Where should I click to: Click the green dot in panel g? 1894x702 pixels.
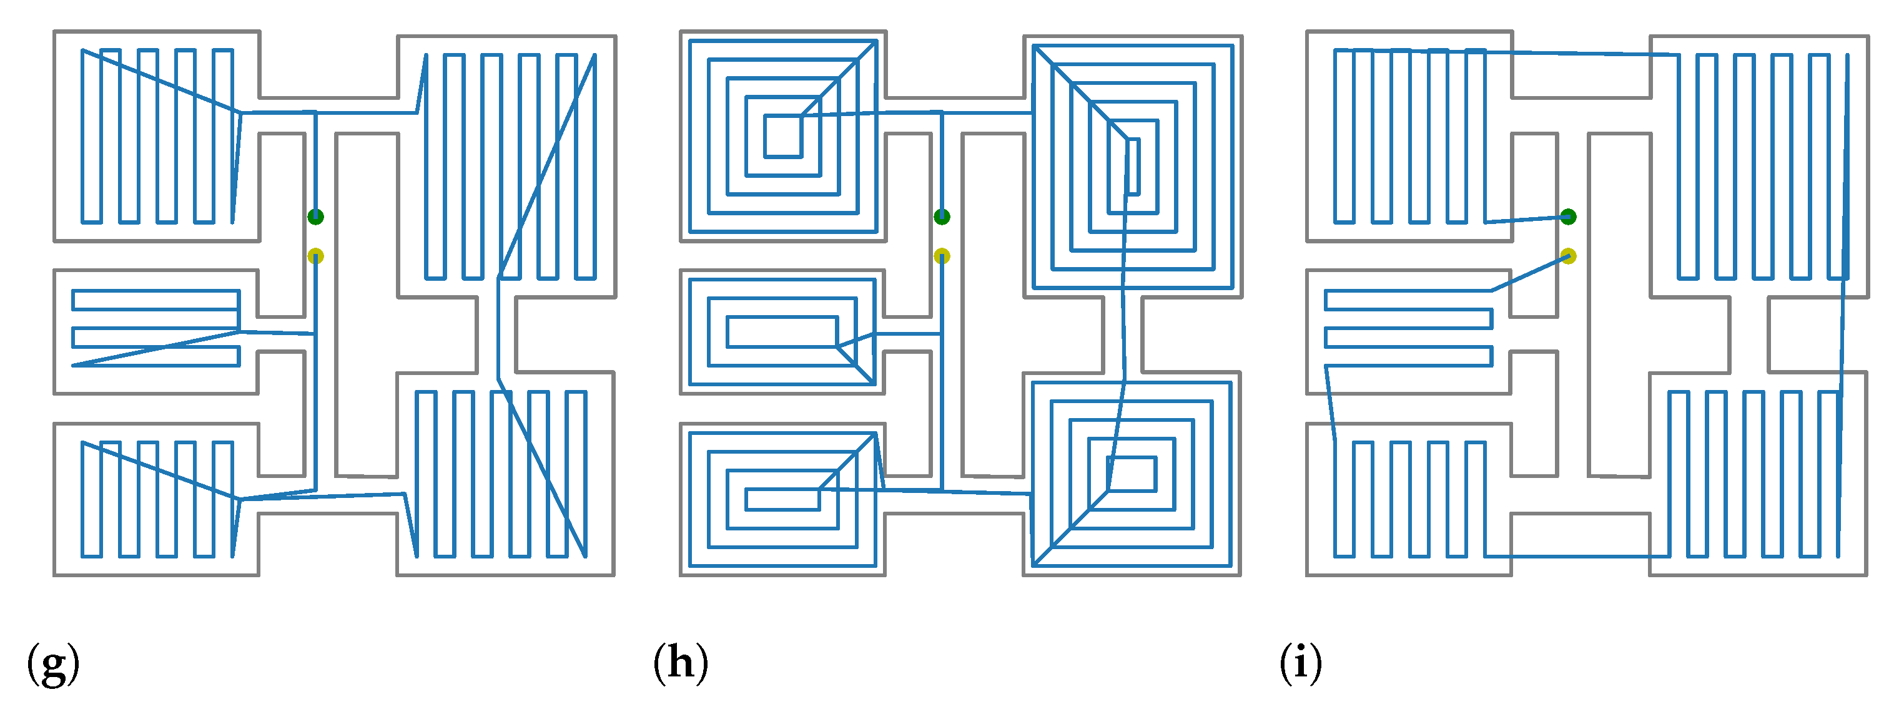[x=315, y=216]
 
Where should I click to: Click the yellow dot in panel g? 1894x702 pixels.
[x=315, y=256]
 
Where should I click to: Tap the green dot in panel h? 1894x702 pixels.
[x=942, y=216]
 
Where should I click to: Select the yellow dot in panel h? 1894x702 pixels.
[x=942, y=256]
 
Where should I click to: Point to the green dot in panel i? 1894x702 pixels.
[x=1568, y=216]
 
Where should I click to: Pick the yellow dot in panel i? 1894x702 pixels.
[x=1568, y=256]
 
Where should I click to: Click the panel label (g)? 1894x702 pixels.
[x=53, y=663]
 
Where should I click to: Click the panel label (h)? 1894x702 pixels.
[x=681, y=663]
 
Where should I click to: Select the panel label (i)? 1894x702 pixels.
[x=1301, y=663]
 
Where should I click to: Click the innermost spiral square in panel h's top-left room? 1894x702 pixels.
[x=782, y=136]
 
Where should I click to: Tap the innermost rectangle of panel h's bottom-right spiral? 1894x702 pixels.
[x=1132, y=474]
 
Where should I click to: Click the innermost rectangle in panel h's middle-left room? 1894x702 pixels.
[x=782, y=331]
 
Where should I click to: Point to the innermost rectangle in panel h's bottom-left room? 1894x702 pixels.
[x=782, y=499]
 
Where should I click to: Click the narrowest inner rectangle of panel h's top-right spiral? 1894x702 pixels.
[x=1133, y=167]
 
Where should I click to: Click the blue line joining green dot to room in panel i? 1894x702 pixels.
[x=1526, y=219]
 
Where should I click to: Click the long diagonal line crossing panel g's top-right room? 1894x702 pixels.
[x=546, y=167]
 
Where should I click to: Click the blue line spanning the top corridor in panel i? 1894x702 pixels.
[x=1581, y=53]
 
